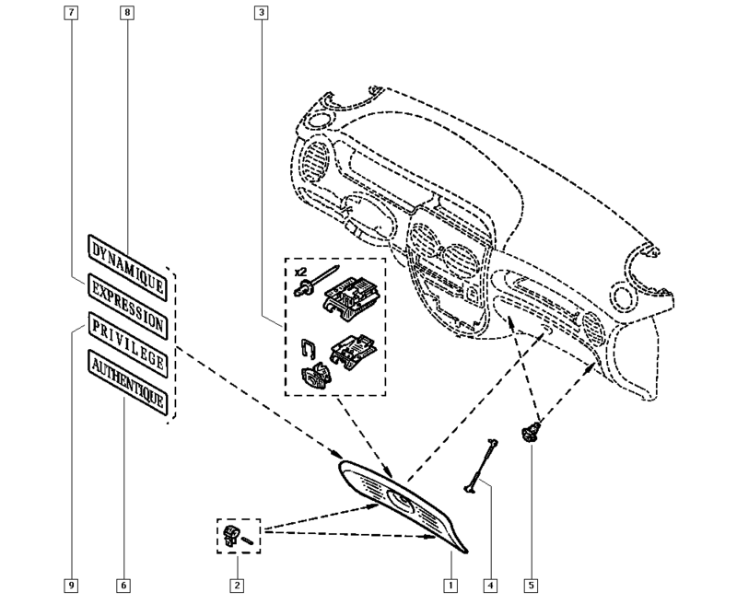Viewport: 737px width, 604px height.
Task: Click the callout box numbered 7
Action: [72, 14]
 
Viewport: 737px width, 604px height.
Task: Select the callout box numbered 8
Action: [125, 14]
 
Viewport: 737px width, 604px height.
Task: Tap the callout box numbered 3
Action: [263, 14]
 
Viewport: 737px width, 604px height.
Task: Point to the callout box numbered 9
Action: [72, 585]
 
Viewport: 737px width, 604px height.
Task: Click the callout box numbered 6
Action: [123, 585]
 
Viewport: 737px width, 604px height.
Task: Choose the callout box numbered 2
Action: [237, 585]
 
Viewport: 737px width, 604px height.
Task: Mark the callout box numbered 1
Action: [450, 585]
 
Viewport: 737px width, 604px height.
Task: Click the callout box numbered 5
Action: [531, 585]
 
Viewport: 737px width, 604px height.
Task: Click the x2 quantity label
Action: [299, 273]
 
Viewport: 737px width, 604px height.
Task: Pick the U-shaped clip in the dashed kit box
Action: [310, 350]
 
